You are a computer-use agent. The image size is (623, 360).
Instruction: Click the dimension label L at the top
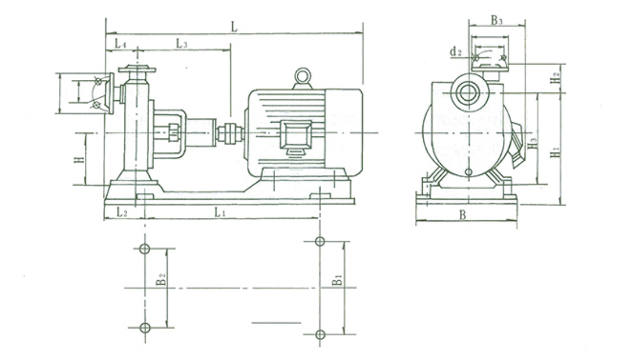tap(234, 27)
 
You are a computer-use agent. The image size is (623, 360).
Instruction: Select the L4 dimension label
tap(121, 43)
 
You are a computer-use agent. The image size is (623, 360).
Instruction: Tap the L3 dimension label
tap(181, 43)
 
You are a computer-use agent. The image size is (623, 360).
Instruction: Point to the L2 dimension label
tap(122, 212)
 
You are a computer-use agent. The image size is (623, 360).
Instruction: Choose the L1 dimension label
tap(220, 212)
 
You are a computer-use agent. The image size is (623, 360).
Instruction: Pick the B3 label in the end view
tap(496, 20)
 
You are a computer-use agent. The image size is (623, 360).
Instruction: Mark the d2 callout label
tap(456, 51)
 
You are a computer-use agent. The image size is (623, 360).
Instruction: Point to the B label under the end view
tap(462, 215)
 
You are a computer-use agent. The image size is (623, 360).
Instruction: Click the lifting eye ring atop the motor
tap(302, 75)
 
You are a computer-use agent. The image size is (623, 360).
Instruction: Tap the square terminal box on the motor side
tap(296, 135)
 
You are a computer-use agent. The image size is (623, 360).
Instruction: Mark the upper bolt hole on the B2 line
tap(145, 249)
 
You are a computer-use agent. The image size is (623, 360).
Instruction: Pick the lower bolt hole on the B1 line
tap(320, 335)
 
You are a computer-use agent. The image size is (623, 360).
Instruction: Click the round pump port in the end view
tap(469, 93)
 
